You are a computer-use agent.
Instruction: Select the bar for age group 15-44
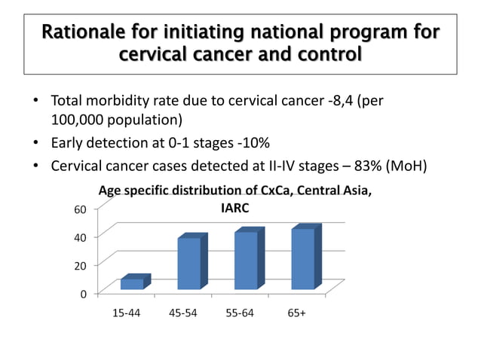pos(132,283)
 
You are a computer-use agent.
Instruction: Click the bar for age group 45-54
pos(189,263)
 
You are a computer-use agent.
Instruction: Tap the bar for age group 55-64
pos(246,260)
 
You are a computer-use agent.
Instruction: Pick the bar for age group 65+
pos(302,258)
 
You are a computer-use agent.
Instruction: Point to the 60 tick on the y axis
pos(79,209)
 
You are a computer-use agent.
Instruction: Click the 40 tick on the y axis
pos(79,236)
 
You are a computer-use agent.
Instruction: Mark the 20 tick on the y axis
pos(79,265)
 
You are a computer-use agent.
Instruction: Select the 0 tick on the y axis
pos(83,294)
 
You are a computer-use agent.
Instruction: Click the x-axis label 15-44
pos(125,312)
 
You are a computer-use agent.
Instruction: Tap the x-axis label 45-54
pos(182,312)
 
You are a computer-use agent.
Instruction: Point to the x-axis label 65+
pos(296,312)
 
